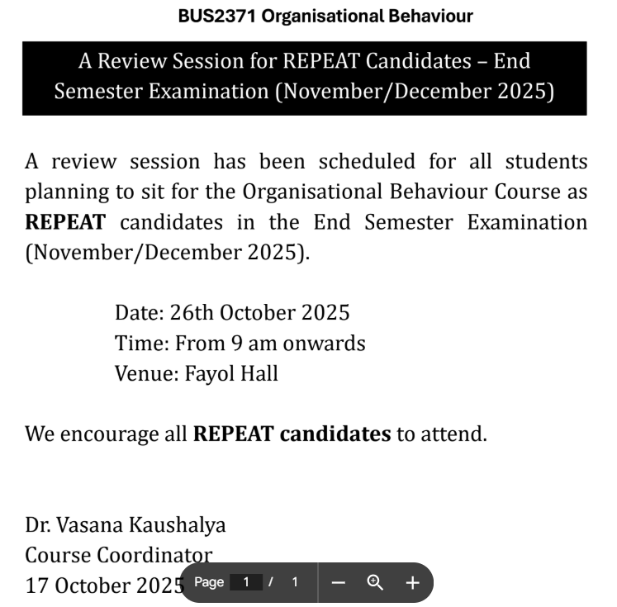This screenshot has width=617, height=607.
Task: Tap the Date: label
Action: pos(139,313)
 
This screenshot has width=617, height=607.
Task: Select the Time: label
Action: pos(140,343)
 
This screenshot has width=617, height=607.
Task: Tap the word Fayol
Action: pos(207,373)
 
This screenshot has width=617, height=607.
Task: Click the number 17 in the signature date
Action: pos(36,586)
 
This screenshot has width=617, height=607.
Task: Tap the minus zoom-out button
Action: pos(338,582)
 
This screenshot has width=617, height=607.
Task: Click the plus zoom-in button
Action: pos(412,582)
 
